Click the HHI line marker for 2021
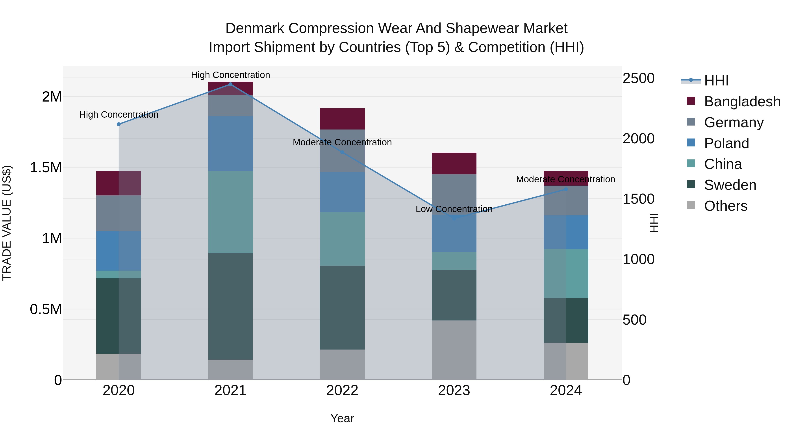click(x=230, y=84)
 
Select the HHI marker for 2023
click(x=454, y=218)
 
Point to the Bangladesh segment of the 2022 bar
click(x=342, y=119)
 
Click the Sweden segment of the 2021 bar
click(x=230, y=306)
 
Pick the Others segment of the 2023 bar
click(x=454, y=350)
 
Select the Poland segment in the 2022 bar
click(x=342, y=192)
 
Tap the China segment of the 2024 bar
click(x=566, y=274)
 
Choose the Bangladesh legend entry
click(x=742, y=102)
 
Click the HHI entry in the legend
click(x=716, y=81)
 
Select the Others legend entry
click(x=725, y=206)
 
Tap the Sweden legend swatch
click(x=691, y=185)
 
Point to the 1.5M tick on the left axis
click(x=46, y=168)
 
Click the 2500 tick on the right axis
click(x=638, y=78)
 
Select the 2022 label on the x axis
click(x=342, y=390)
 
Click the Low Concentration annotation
click(x=454, y=209)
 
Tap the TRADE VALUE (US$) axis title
click(x=7, y=223)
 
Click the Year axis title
click(x=342, y=418)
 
